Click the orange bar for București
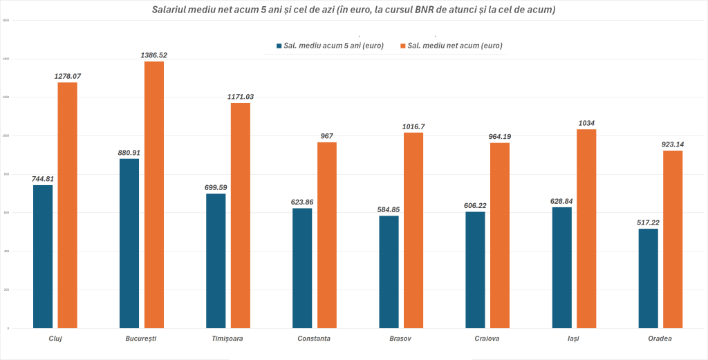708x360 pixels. click(153, 194)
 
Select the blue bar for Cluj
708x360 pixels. click(43, 256)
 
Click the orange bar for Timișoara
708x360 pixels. click(241, 215)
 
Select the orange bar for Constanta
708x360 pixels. click(327, 234)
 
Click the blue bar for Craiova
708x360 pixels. click(475, 269)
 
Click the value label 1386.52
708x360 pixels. click(153, 55)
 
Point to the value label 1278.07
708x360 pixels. click(68, 76)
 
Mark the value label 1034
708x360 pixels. click(586, 123)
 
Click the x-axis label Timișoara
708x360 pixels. click(227, 339)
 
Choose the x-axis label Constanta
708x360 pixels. click(314, 339)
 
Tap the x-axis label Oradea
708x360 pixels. click(660, 339)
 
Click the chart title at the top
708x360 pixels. click(354, 10)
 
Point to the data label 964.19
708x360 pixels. click(500, 136)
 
